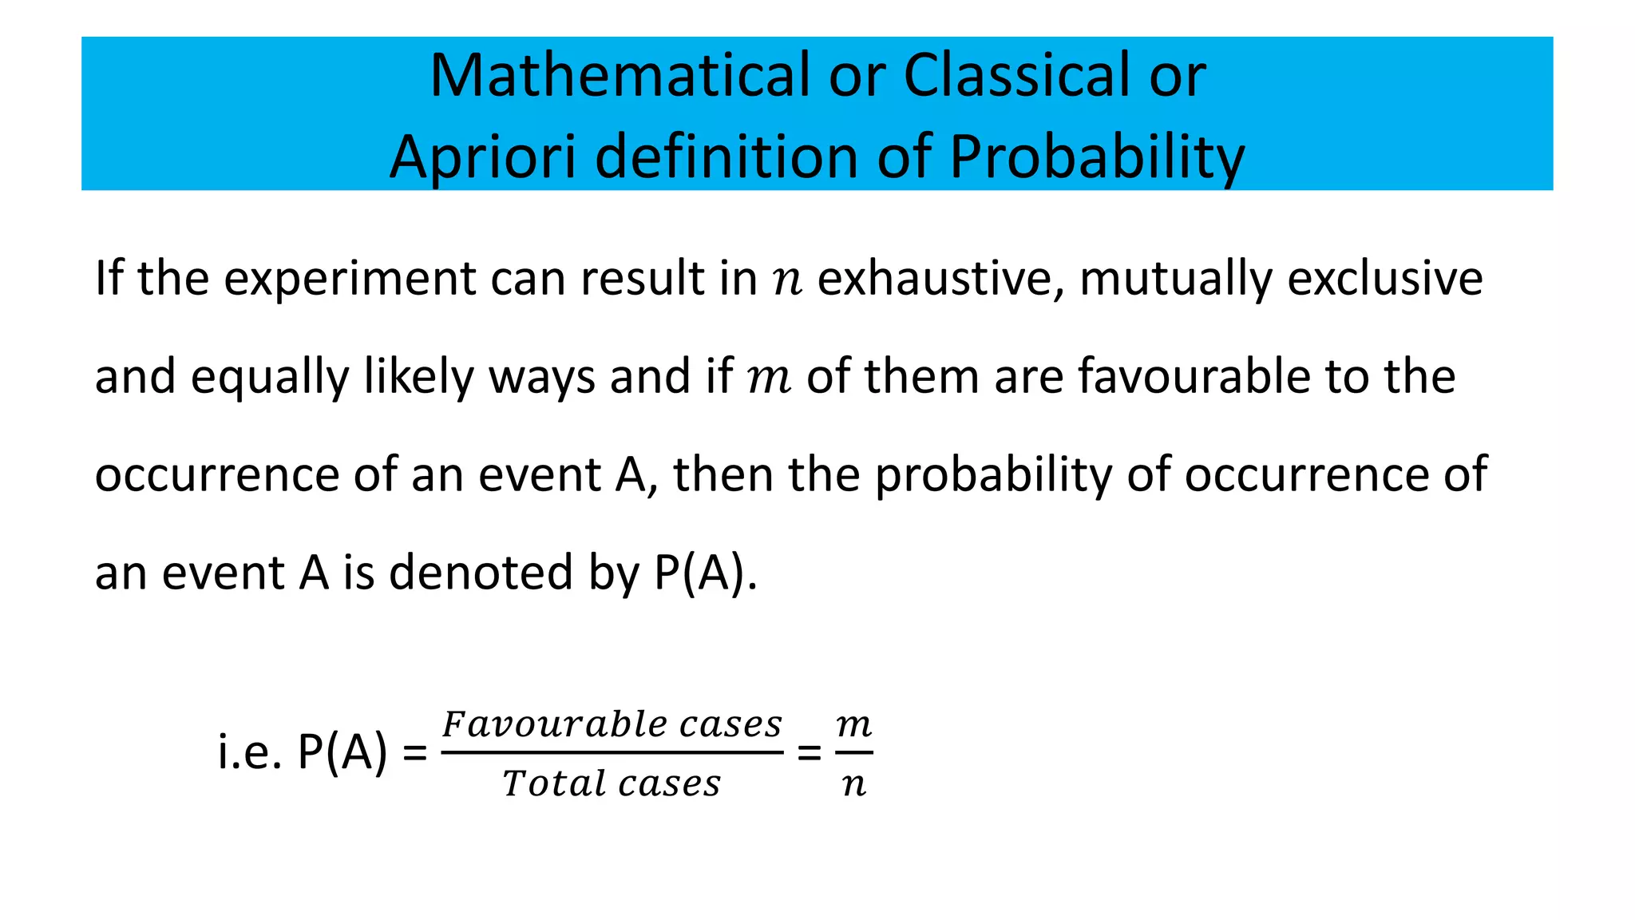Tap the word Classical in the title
point(1015,76)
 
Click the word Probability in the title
point(1097,157)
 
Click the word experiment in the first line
point(349,280)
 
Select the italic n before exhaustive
point(787,281)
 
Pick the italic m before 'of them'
point(769,379)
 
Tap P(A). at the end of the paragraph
point(706,573)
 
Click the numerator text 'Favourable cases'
point(612,725)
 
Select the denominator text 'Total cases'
point(612,783)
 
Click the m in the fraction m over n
point(853,725)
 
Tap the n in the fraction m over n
point(853,785)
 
